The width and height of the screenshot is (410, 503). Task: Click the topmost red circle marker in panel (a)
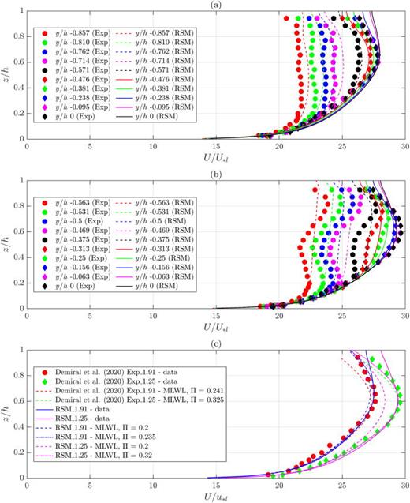coord(285,17)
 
